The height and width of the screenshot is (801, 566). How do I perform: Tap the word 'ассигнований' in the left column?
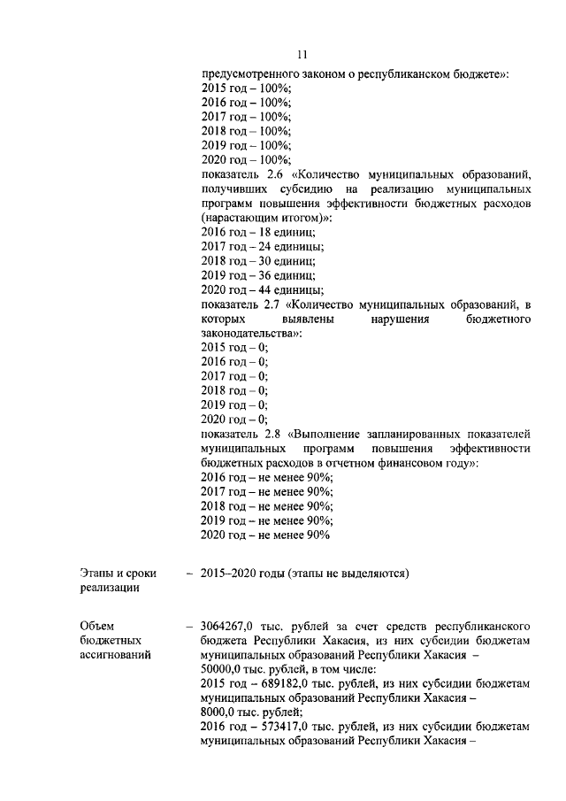click(114, 654)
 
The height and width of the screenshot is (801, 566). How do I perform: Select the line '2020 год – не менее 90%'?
click(265, 535)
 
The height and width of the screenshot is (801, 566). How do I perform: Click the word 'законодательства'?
click(249, 333)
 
